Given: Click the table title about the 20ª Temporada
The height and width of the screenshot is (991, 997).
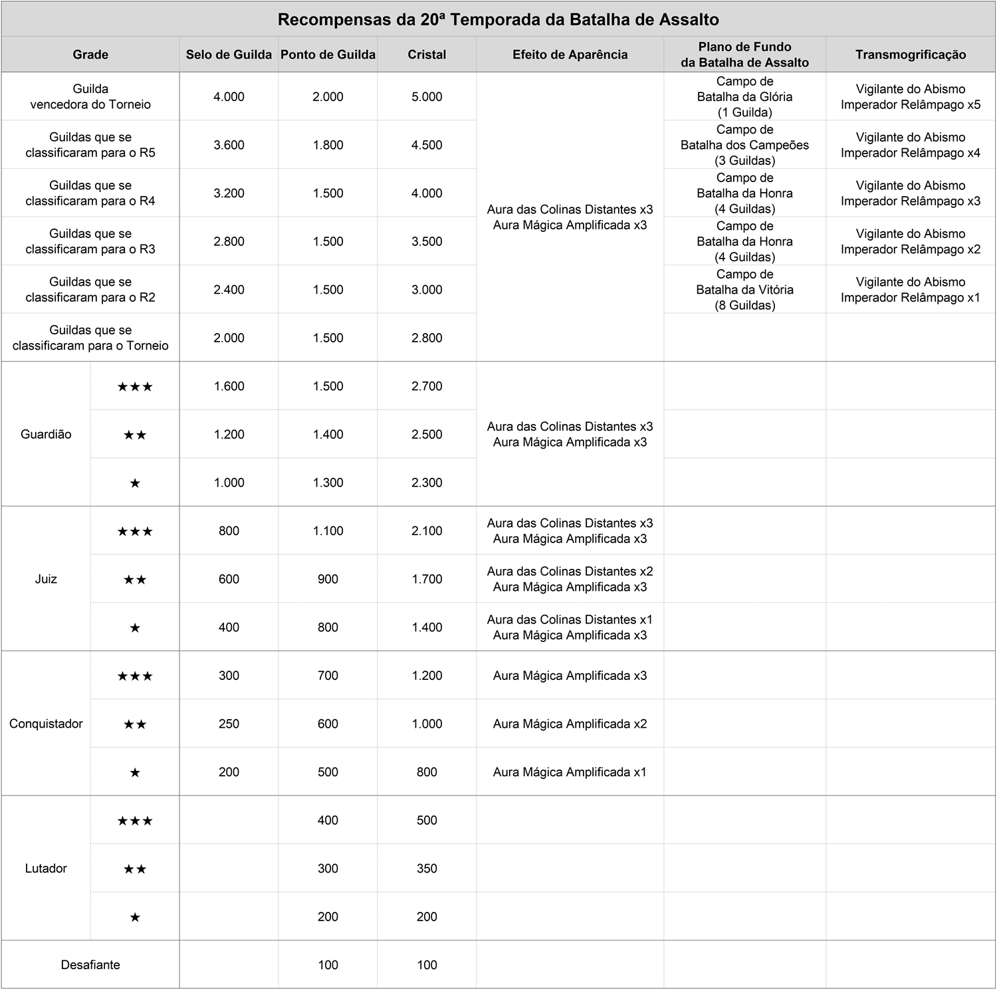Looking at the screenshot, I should coord(498,19).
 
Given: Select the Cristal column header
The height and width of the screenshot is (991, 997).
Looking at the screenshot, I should coord(427,55).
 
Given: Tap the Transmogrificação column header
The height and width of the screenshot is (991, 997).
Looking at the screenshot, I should coord(911,55).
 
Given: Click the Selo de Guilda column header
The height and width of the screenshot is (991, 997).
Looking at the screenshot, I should coord(229,55).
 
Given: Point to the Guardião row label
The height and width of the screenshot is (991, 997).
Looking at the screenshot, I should coord(46,434).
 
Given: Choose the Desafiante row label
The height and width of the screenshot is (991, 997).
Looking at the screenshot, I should coord(90,964).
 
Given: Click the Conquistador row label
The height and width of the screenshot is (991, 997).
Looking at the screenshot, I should coord(46,723).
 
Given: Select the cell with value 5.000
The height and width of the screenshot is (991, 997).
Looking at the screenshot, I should coord(427,96).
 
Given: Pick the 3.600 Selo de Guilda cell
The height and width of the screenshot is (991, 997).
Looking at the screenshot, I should coord(229,145).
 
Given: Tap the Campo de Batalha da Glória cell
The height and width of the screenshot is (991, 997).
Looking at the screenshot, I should coord(744,96).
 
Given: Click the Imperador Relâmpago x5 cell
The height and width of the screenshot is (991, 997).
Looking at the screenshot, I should coord(911,96).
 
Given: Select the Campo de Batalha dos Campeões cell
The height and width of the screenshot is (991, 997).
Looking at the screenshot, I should coord(744,145).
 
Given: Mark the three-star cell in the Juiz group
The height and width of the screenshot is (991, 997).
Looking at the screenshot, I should coord(135,531).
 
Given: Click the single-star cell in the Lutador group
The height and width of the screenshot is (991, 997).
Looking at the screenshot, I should coord(135,917).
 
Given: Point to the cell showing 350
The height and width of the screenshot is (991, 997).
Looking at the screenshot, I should coord(427,868).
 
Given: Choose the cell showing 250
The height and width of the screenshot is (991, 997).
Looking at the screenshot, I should coord(229,724).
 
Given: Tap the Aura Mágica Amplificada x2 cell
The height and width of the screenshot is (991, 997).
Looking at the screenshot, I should coord(570,724).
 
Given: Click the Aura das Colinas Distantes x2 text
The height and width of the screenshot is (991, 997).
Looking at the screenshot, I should coord(570,572).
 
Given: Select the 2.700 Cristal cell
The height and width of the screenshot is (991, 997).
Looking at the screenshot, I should coord(427,386).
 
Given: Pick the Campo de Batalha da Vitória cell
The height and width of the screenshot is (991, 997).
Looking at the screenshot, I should coord(744,290).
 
